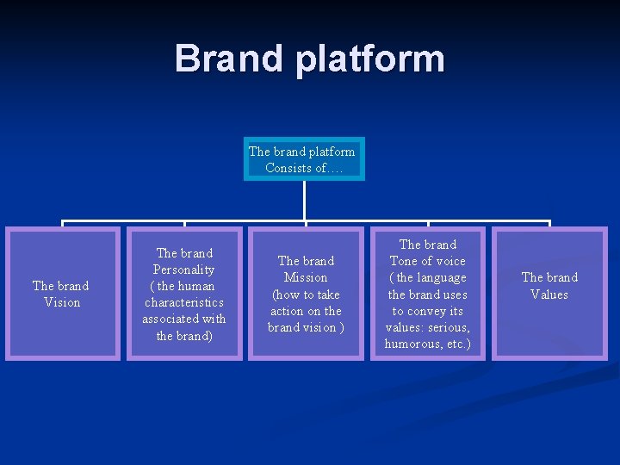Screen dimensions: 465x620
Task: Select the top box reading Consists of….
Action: click(x=304, y=159)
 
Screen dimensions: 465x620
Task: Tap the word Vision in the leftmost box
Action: click(x=62, y=302)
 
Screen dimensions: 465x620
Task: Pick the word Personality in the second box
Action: click(x=184, y=270)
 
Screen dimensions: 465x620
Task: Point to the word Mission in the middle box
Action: click(x=306, y=277)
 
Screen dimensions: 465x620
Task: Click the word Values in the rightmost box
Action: click(x=549, y=294)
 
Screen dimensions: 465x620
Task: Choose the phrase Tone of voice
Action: click(x=427, y=261)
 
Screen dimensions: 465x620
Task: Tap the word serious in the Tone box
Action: click(x=449, y=327)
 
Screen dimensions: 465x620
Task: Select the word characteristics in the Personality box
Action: click(x=184, y=302)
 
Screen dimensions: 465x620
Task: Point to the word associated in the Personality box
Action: click(x=171, y=319)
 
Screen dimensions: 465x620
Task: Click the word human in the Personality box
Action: click(x=196, y=286)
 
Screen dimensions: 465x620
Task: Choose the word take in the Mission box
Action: click(x=326, y=294)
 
